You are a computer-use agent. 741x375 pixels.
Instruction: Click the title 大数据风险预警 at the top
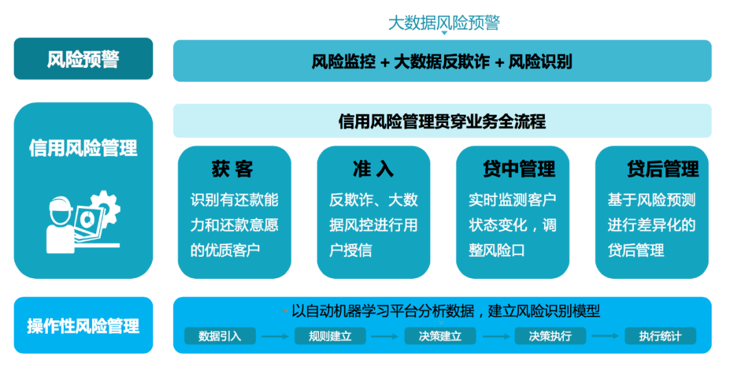coord(444,23)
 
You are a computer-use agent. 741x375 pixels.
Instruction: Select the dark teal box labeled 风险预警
coord(83,58)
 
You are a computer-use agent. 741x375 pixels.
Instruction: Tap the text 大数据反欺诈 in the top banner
coord(441,62)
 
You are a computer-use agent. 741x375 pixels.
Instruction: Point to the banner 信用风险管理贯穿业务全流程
coord(443,121)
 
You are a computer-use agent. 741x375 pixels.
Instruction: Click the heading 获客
coord(233,169)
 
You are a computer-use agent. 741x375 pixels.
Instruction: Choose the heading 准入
coord(373,169)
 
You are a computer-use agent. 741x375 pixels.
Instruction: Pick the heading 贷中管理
coord(519,169)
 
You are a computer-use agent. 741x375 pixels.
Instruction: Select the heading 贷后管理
coord(663,169)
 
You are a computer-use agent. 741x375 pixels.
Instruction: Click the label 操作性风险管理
coord(83,326)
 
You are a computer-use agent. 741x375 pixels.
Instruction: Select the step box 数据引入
coord(220,336)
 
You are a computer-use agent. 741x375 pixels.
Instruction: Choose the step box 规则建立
coord(330,336)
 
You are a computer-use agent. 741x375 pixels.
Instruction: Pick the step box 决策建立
coord(440,336)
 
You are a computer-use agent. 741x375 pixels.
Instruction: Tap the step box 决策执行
coord(550,336)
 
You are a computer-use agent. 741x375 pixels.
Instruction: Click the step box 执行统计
coord(660,336)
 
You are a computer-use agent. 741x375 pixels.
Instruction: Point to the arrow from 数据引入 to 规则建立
coord(275,337)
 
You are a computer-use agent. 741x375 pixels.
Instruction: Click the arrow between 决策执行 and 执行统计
coord(605,336)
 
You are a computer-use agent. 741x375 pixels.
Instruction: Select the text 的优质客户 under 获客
coord(225,250)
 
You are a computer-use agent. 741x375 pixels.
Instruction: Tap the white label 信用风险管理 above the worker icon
coord(83,148)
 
